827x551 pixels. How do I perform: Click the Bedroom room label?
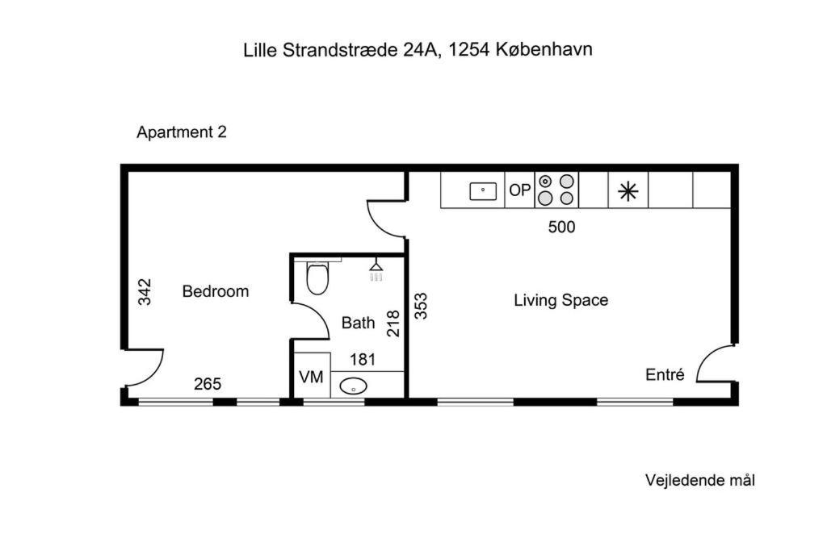tap(215, 291)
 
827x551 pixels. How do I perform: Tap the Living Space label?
tap(560, 300)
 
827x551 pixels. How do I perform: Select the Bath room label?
tap(358, 323)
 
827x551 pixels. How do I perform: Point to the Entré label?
tap(665, 374)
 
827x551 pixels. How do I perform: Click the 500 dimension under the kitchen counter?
tap(562, 227)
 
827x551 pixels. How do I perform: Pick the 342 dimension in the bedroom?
tap(145, 292)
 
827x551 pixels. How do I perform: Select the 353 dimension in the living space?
tap(421, 306)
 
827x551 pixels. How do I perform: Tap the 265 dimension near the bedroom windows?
tap(208, 384)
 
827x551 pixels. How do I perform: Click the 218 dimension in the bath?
tap(393, 324)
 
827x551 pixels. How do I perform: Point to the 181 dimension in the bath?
tap(363, 360)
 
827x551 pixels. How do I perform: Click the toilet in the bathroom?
tap(317, 277)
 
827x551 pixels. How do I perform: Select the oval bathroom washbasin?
tap(354, 386)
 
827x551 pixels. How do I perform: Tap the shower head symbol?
tap(376, 269)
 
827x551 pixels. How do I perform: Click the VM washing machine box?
tap(312, 376)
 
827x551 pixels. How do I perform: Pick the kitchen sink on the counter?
tap(483, 191)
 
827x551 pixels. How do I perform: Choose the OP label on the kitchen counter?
tap(519, 190)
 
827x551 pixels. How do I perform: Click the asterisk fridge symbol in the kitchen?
tap(628, 191)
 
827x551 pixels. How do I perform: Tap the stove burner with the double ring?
tap(545, 182)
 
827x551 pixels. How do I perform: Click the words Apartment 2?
tap(182, 131)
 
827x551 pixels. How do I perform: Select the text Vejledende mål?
tap(700, 481)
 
